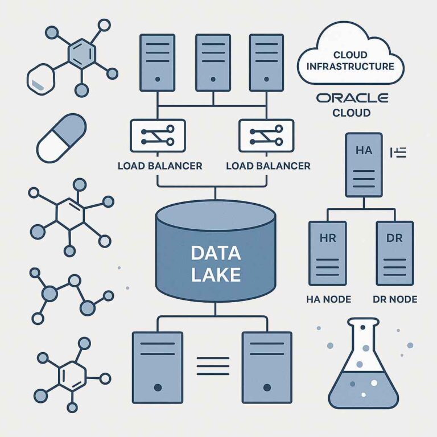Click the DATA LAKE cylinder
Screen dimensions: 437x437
click(x=215, y=253)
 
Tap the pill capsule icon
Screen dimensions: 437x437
click(x=61, y=138)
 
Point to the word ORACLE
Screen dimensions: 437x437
click(x=352, y=98)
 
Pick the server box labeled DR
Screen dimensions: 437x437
click(x=394, y=253)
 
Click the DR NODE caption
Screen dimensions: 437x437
click(x=394, y=299)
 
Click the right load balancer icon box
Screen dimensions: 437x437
click(x=266, y=135)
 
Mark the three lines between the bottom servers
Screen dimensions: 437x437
click(x=212, y=365)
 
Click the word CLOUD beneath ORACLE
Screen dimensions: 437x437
click(x=351, y=113)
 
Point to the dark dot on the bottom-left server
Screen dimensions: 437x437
click(x=158, y=387)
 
